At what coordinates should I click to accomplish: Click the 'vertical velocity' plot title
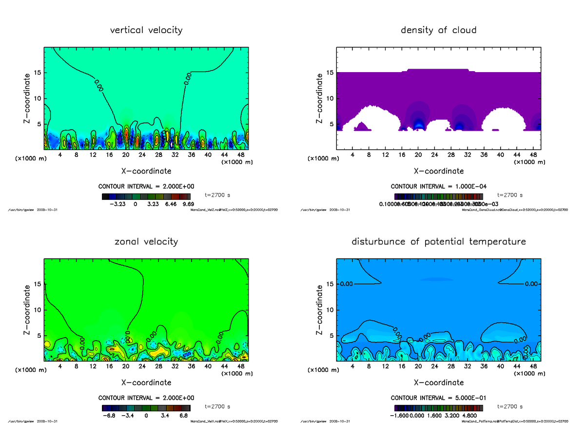point(146,30)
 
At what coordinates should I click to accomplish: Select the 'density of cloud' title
point(438,30)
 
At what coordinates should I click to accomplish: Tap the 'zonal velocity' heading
point(146,241)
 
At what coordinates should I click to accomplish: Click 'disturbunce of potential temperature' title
point(438,241)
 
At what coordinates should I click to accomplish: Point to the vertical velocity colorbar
point(146,196)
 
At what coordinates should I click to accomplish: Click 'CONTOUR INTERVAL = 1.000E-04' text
point(438,187)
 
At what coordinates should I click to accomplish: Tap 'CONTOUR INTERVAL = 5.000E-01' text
point(438,398)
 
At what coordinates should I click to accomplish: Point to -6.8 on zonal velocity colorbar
point(110,416)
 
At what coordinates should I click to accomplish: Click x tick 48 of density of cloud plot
point(533,155)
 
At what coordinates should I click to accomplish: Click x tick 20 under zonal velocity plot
point(126,366)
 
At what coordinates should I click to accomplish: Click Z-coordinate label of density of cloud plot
point(319,98)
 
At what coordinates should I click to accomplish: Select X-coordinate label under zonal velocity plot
point(146,383)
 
